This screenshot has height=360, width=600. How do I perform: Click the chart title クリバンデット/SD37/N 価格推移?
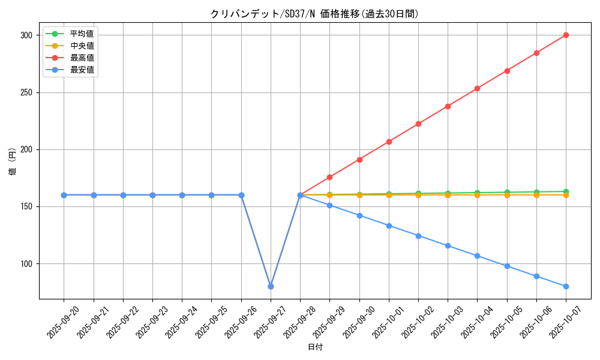click(314, 14)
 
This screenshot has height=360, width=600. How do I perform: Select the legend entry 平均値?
click(82, 34)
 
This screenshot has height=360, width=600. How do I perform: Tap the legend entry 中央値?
click(82, 46)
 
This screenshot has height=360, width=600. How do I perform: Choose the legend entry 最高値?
click(82, 58)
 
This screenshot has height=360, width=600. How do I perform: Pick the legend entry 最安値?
click(82, 70)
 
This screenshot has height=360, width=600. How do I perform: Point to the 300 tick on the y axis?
click(26, 35)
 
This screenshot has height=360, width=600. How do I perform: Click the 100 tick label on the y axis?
click(26, 264)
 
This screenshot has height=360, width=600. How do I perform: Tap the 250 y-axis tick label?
click(26, 93)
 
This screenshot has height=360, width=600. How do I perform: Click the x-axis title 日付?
click(315, 347)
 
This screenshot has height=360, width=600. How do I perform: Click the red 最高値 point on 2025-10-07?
click(566, 35)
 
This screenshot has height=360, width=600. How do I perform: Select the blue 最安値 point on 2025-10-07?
click(566, 286)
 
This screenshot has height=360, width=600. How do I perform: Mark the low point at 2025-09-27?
click(271, 286)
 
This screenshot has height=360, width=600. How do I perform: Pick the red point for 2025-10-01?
click(389, 142)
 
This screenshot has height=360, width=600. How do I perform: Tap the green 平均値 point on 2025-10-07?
click(566, 191)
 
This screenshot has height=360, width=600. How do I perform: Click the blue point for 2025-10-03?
click(448, 245)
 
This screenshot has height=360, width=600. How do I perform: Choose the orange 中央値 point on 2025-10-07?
click(566, 195)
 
